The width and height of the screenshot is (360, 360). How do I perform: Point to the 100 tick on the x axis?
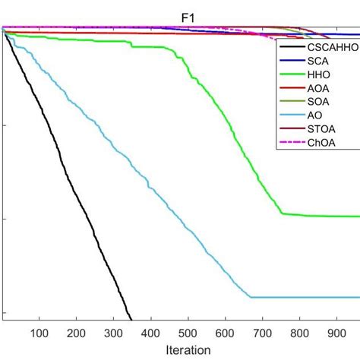click(39, 332)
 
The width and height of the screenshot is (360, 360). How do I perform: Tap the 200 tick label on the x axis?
click(77, 332)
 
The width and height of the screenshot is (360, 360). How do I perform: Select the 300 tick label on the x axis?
click(114, 332)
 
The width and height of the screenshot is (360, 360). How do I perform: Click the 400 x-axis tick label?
click(151, 332)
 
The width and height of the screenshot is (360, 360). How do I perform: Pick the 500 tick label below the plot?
click(188, 332)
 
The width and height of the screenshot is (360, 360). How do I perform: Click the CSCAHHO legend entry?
click(330, 47)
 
